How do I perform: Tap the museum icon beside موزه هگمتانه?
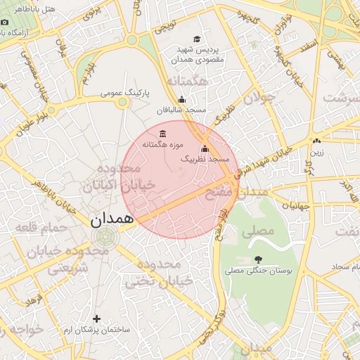163,134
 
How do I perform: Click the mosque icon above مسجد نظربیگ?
205,148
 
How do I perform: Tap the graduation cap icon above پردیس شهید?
197,39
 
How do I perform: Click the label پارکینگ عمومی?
122,92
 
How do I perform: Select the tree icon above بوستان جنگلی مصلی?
258,259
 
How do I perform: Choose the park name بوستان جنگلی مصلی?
263,269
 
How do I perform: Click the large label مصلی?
257,231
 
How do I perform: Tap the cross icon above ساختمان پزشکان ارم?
96,319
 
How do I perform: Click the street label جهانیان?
295,206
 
